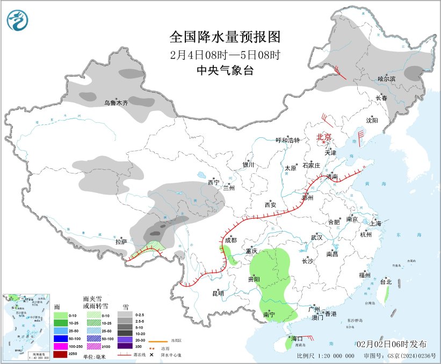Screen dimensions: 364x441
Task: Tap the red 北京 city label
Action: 324,137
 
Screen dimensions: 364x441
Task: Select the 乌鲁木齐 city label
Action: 117,102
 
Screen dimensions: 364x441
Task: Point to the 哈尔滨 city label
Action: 386,79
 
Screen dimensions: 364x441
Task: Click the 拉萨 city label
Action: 121,242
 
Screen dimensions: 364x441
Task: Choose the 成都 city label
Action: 231,241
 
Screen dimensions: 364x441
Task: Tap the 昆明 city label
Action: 218,293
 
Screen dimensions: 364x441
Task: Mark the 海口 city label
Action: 297,339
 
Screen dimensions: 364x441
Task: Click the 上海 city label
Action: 374,223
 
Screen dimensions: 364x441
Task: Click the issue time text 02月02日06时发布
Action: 392,343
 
